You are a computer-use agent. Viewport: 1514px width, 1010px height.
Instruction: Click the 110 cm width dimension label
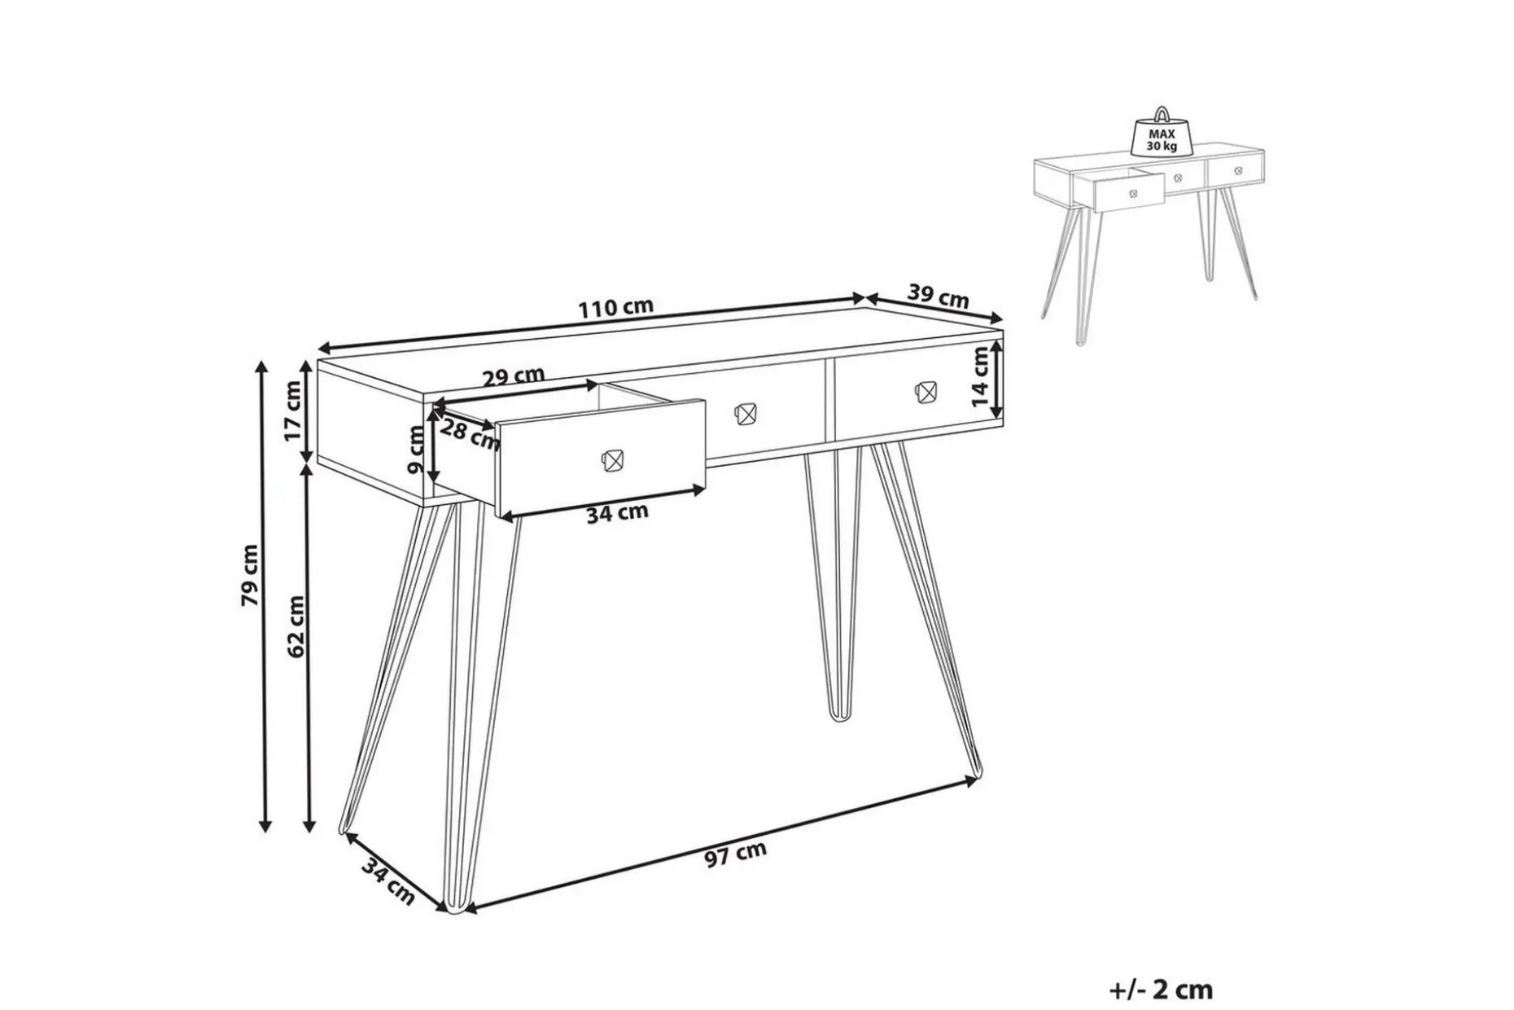(x=616, y=308)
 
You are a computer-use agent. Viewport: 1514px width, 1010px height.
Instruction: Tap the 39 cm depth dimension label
(x=938, y=296)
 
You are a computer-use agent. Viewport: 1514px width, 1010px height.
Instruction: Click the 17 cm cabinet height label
(x=293, y=411)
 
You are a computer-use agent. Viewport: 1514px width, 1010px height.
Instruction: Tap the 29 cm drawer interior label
(x=513, y=378)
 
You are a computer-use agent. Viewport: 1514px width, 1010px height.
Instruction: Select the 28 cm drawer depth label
(x=470, y=433)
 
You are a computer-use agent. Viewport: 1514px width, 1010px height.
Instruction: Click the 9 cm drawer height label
(x=416, y=453)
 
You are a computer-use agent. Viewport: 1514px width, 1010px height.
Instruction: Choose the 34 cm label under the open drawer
(x=617, y=513)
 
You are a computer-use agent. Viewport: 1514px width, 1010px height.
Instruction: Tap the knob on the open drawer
(x=611, y=459)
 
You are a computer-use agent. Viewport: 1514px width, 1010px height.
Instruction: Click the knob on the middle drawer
(x=746, y=413)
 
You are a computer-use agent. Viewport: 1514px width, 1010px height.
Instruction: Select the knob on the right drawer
(x=925, y=392)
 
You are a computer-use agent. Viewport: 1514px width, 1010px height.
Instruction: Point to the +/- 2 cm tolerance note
(x=1161, y=990)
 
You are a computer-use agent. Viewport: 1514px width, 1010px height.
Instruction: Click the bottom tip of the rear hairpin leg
(x=836, y=718)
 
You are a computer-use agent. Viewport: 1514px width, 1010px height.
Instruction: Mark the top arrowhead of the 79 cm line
(x=262, y=367)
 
